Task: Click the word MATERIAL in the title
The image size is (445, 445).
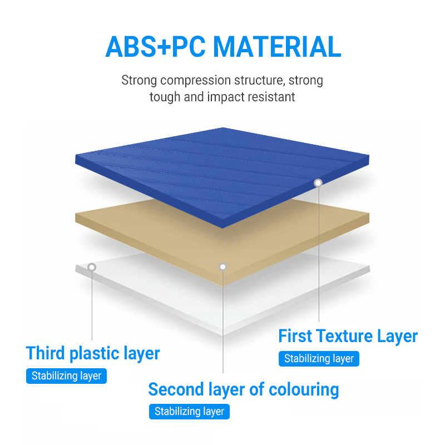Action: pos(277,47)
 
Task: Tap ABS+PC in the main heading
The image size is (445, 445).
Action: pos(155,47)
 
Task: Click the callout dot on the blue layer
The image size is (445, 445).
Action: pos(318,183)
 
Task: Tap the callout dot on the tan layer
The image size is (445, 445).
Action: pos(223,267)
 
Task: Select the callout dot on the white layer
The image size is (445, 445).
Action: pos(92,267)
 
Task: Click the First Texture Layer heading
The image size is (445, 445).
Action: pos(348,337)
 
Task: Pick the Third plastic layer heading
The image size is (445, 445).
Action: pos(93,354)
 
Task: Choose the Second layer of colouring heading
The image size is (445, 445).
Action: pos(244,389)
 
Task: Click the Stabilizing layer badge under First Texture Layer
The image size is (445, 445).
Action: pos(319,359)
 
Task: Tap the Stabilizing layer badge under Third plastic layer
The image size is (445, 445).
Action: pos(66,376)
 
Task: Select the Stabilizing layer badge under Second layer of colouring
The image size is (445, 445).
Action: pos(189,412)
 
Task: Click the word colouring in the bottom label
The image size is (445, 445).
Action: pos(304,389)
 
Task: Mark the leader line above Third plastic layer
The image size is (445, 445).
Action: pos(92,305)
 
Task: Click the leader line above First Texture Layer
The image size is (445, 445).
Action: pos(319,254)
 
